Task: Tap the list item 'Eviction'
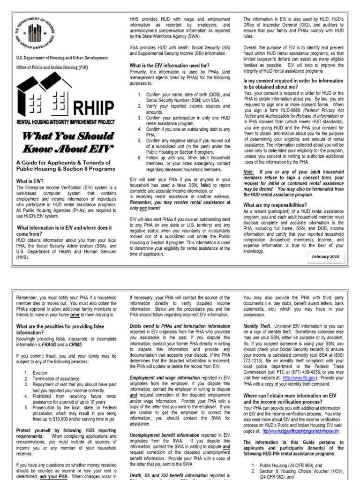pyautogui.click(x=39, y=372)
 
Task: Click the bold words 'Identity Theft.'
pyautogui.click(x=257, y=326)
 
